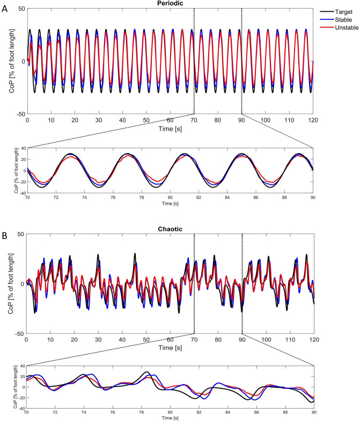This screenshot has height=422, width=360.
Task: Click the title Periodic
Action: [x=170, y=4]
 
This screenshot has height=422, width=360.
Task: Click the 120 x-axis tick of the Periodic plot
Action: [x=313, y=121]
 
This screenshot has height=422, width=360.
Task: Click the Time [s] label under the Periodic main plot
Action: [x=170, y=129]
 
